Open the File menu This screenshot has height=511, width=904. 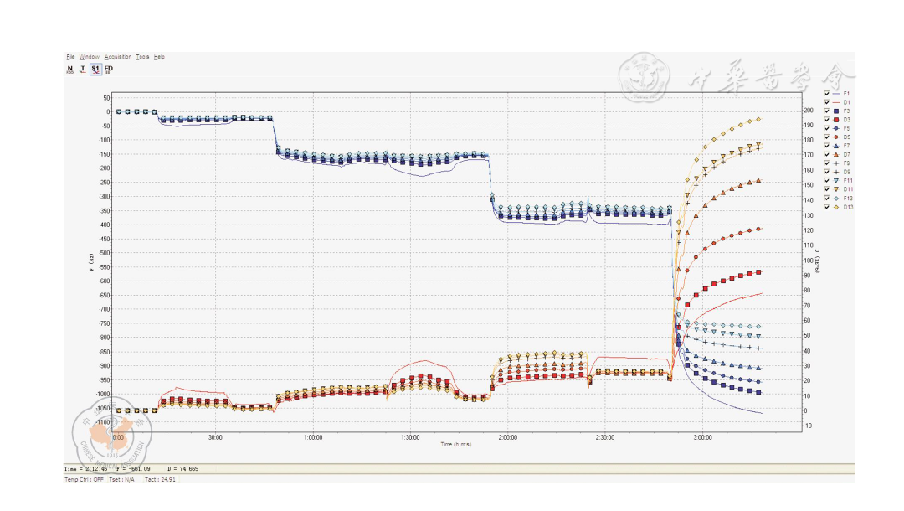point(70,57)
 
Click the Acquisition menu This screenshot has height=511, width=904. point(118,57)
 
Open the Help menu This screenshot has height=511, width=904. point(159,57)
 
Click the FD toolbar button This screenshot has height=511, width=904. point(109,70)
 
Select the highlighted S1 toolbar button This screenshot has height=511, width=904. point(95,70)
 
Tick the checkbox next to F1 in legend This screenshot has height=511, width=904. point(827,93)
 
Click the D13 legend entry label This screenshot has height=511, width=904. point(848,207)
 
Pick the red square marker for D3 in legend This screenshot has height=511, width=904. point(835,120)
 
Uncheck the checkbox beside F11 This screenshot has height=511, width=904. point(827,181)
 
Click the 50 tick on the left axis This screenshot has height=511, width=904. point(106,97)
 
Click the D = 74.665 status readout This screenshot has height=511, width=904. point(183,469)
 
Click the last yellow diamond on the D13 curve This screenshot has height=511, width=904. point(758,120)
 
